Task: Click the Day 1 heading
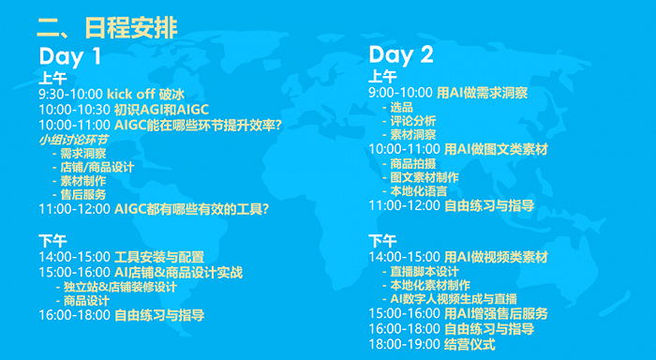(x=70, y=56)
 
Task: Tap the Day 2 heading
(x=401, y=55)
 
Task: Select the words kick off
(x=130, y=96)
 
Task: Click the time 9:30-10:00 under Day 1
(x=70, y=96)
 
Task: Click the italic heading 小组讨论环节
(x=73, y=139)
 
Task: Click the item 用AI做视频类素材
(x=497, y=256)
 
